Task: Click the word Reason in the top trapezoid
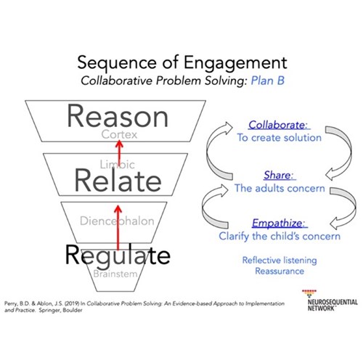[118, 116]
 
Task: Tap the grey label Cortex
[119, 134]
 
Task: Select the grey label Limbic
[118, 165]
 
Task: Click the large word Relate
[118, 181]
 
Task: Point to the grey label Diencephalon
[117, 221]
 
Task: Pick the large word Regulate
[118, 256]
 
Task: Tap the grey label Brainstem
[115, 274]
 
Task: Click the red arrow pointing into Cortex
[119, 152]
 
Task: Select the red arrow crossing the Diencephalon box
[118, 227]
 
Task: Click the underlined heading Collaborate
[278, 125]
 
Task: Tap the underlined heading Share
[279, 175]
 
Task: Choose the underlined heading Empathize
[279, 223]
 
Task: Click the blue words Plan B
[268, 81]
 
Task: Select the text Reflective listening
[280, 261]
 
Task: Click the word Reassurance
[280, 271]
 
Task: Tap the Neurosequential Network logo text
[333, 305]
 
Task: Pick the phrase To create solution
[280, 138]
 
